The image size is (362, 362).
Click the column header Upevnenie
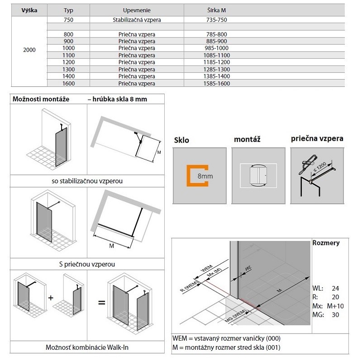tap(137, 10)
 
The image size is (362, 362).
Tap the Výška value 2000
tap(29, 50)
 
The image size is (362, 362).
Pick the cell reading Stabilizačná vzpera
tap(137, 20)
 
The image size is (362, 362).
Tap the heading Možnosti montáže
tap(41, 99)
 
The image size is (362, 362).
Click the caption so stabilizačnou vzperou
tap(88, 181)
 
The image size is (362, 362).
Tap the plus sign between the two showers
tap(51, 298)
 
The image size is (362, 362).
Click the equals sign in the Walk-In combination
tap(101, 301)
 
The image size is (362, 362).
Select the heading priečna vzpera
tap(317, 139)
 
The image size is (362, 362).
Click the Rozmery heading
tap(326, 243)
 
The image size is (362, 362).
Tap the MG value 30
tap(335, 315)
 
